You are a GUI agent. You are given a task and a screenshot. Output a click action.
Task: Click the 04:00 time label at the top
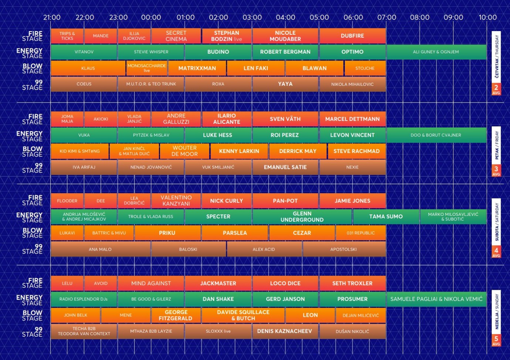285,17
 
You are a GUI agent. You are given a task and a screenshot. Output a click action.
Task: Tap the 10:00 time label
487,17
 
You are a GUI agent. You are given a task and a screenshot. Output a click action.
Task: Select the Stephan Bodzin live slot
227,36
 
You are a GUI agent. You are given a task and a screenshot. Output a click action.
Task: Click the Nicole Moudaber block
285,36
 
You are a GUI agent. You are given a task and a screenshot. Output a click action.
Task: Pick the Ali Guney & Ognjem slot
436,52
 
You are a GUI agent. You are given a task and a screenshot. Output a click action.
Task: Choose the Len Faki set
256,68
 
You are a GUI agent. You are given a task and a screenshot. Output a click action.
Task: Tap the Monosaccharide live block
147,68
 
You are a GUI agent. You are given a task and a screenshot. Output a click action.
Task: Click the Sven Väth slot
285,119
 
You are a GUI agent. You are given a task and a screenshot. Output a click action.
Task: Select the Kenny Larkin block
239,151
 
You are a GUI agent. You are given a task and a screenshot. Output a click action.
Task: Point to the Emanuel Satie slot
285,167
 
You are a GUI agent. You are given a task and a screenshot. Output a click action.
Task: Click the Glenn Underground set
302,217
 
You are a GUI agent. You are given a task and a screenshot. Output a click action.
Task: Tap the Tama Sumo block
386,217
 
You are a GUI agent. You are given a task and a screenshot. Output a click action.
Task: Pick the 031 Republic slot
361,233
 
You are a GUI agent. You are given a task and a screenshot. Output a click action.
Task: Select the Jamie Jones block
353,201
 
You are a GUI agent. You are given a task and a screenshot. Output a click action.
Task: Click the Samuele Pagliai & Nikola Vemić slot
436,299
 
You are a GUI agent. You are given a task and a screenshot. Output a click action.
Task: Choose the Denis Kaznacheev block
285,331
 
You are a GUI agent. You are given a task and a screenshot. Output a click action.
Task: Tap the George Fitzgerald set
176,315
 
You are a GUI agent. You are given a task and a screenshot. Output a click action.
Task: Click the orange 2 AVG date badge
496,89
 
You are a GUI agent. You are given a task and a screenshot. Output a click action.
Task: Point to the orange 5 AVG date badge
496,340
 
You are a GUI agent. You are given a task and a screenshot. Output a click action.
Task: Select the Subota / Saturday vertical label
497,222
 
